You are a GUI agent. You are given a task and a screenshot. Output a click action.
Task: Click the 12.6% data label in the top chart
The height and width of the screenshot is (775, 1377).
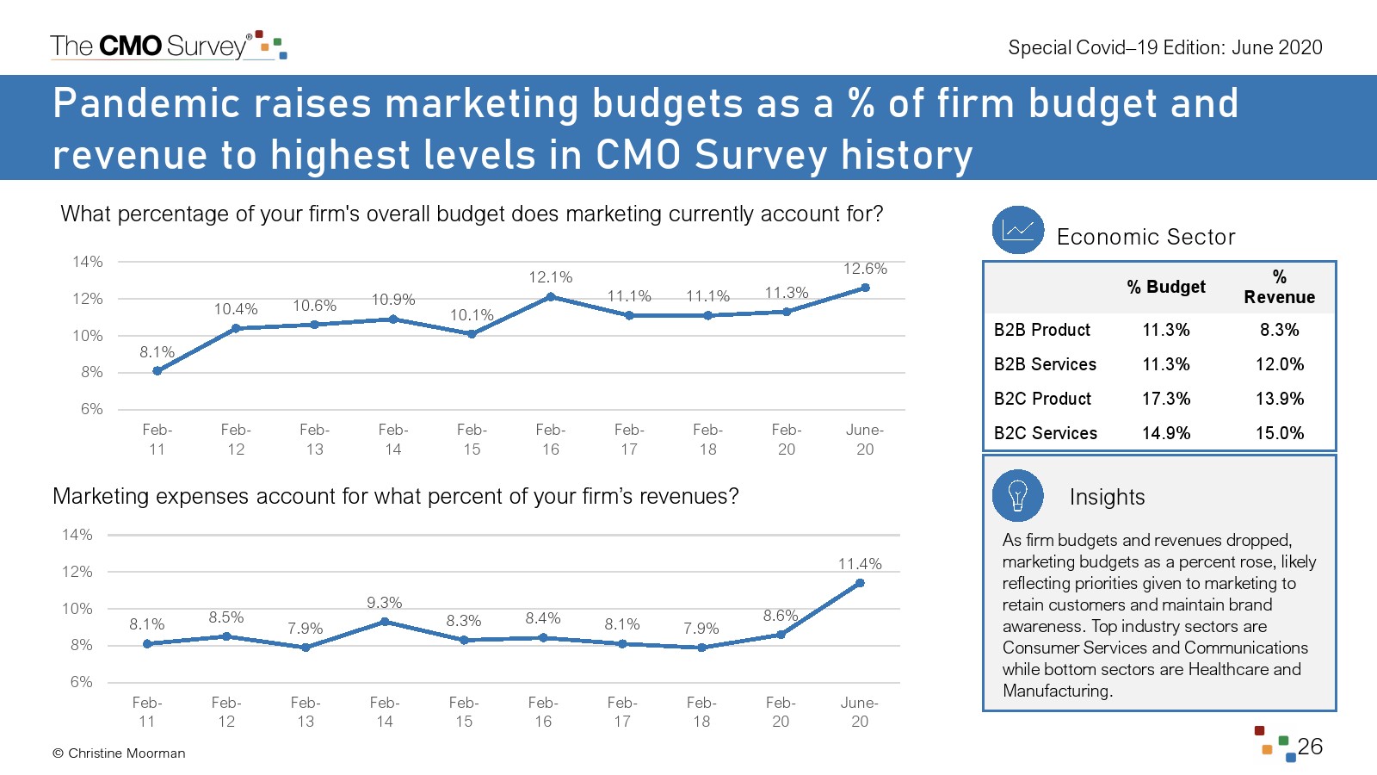tap(864, 269)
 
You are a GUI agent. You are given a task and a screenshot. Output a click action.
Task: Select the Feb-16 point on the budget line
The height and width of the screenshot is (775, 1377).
tap(551, 297)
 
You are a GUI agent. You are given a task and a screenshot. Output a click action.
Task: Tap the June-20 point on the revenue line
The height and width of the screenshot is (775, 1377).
tap(860, 583)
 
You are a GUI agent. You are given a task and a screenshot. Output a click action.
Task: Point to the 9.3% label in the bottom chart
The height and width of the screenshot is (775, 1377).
tap(385, 603)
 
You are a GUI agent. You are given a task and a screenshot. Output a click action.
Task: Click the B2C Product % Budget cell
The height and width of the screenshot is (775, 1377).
tap(1166, 399)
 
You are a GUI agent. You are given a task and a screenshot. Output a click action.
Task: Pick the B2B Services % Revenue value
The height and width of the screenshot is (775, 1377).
tap(1279, 364)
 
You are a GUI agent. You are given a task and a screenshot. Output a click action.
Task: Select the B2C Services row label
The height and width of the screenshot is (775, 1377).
tap(1045, 433)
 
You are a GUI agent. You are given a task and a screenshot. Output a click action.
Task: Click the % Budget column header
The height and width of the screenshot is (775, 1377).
tap(1166, 287)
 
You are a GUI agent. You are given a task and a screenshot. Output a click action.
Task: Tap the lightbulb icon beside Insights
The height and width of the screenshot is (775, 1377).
tap(1017, 496)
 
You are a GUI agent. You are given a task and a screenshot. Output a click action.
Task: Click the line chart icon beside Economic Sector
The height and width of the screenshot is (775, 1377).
tap(1017, 230)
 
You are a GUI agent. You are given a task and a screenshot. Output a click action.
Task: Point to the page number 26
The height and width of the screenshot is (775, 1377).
tap(1310, 747)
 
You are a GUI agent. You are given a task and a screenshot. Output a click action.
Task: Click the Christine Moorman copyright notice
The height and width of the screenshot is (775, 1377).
tap(119, 753)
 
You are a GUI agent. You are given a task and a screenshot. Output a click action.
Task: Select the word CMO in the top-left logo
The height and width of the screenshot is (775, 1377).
tap(131, 46)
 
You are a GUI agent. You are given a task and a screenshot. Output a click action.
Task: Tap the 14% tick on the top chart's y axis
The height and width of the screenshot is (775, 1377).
tap(88, 262)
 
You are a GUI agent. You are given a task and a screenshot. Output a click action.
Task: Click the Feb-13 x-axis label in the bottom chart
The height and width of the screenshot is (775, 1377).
tap(306, 712)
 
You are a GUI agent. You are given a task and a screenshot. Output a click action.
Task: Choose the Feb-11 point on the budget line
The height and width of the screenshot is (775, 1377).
tap(157, 371)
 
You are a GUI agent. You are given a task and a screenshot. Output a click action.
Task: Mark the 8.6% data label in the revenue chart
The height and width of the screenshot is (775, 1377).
tap(781, 616)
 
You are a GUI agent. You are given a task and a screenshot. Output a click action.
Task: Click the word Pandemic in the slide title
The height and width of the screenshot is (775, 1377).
tap(145, 103)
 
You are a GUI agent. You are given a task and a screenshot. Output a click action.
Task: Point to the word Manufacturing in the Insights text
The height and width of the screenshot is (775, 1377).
tap(1057, 691)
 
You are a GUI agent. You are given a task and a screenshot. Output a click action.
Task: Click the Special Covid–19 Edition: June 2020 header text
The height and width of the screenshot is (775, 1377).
tap(1165, 47)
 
